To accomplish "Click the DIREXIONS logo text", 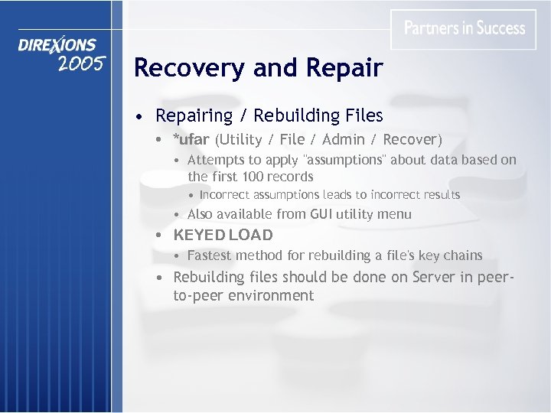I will click(x=58, y=47).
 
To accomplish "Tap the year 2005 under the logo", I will click(x=80, y=63).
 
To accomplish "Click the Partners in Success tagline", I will click(x=465, y=28).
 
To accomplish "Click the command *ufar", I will click(x=191, y=140).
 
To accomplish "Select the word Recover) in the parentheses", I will click(x=412, y=140).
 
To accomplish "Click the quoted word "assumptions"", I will click(x=347, y=160).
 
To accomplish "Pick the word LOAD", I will click(x=251, y=235).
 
